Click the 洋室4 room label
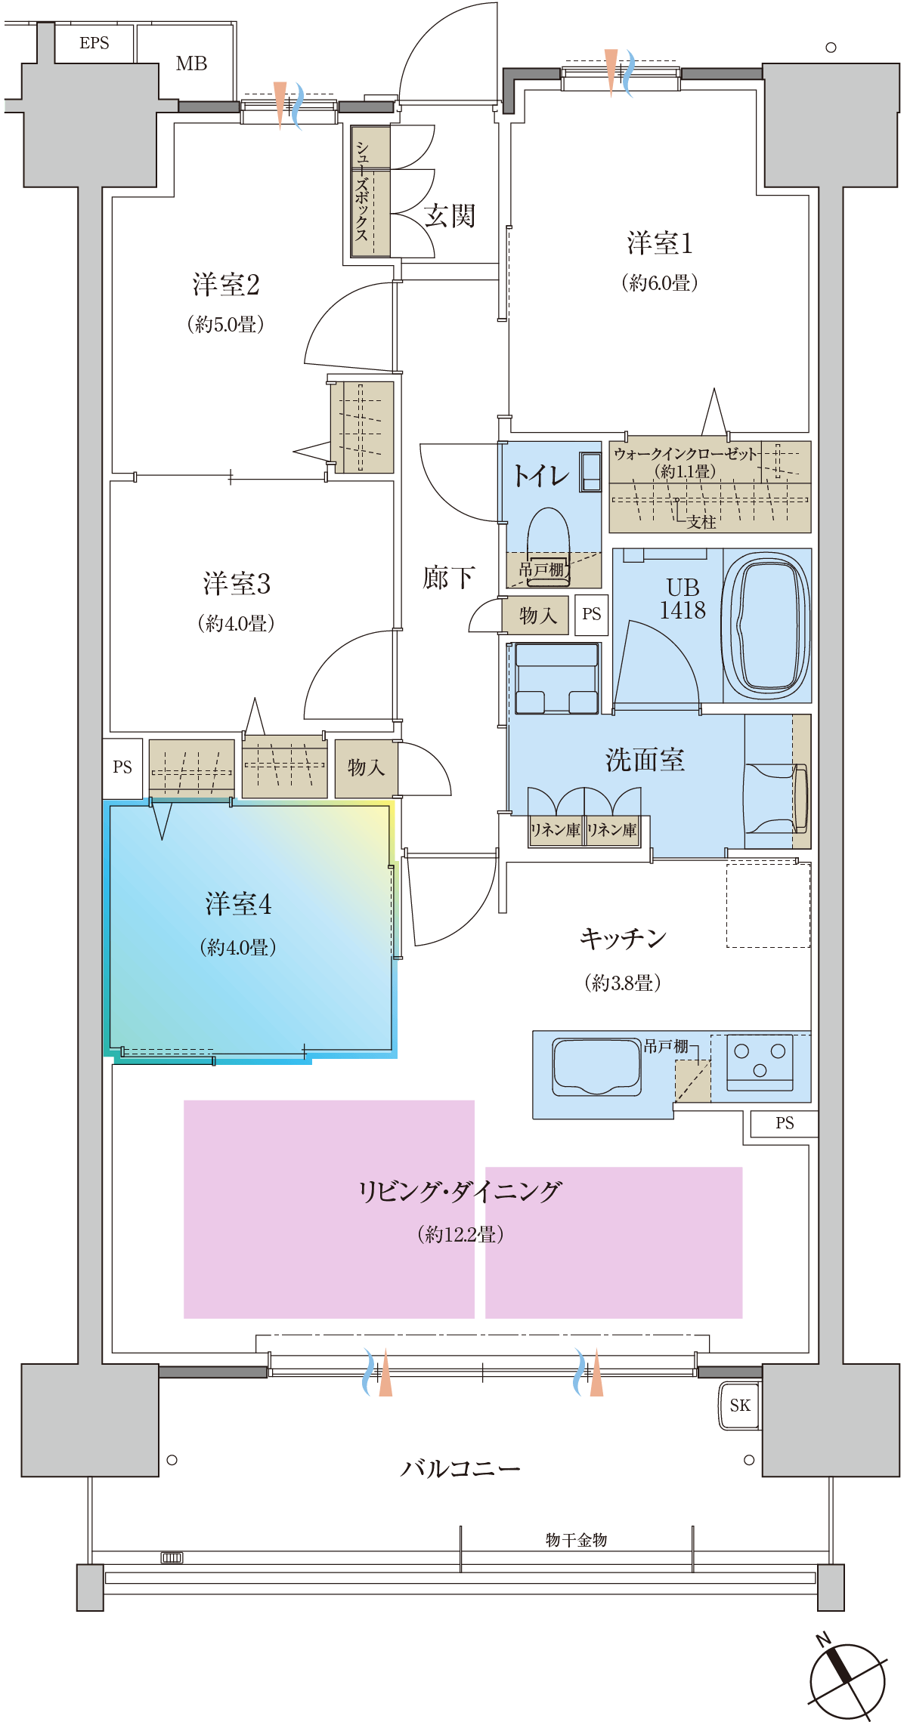coord(238,904)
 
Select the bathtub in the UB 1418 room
coord(766,624)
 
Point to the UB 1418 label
coord(683,599)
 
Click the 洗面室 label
coord(645,760)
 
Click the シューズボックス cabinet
coord(371,191)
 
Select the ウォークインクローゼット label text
coord(685,454)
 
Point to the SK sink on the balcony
coord(739,1406)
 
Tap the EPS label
coord(94,43)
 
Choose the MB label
coord(191,63)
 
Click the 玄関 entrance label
coord(449,216)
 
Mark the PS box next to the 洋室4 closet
coord(122,767)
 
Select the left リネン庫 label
coord(556,830)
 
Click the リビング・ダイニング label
coord(460,1192)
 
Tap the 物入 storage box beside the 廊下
coord(537,616)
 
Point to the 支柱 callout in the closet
coord(701,522)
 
